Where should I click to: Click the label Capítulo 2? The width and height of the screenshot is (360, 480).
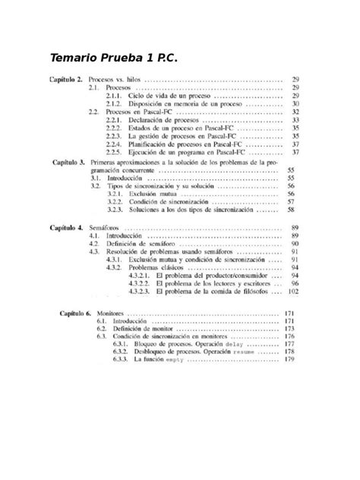pyautogui.click(x=67, y=80)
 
